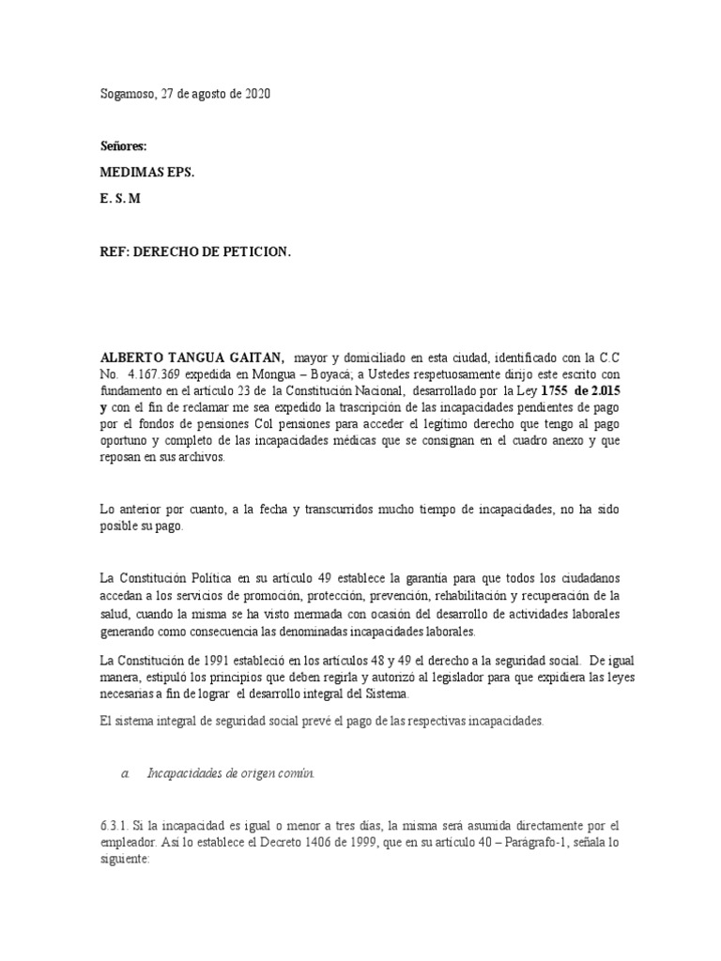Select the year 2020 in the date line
(x=258, y=95)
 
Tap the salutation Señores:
(x=124, y=147)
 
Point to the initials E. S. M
(x=119, y=200)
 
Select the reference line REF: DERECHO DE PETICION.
(x=195, y=252)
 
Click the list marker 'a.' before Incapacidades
(x=126, y=774)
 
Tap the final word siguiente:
(x=126, y=859)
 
